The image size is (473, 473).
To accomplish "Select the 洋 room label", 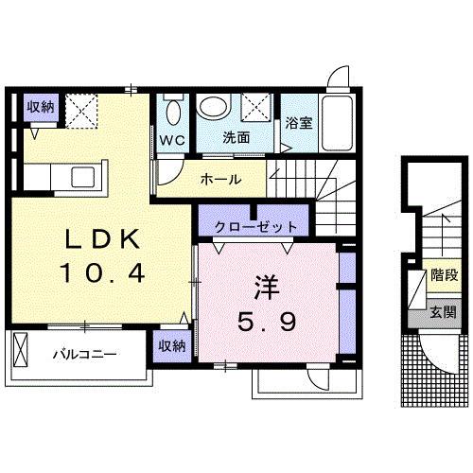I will (267, 285).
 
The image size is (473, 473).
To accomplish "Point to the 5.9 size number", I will (267, 323).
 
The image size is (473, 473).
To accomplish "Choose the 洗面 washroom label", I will (236, 136).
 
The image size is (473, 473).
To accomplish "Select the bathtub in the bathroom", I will (338, 121).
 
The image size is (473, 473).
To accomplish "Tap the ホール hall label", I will (219, 180).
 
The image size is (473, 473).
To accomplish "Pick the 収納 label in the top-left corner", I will (41, 106).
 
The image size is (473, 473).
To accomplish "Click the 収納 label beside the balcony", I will (172, 345).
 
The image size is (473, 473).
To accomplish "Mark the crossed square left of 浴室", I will (254, 109).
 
